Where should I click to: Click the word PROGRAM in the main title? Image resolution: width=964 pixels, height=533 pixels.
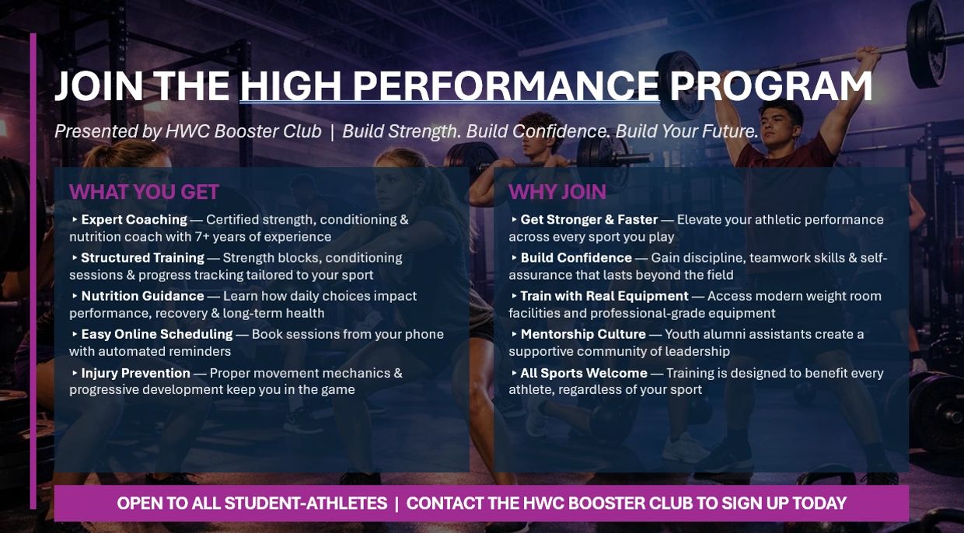pyautogui.click(x=770, y=86)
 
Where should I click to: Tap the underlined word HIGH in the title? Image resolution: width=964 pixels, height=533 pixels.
pyautogui.click(x=290, y=86)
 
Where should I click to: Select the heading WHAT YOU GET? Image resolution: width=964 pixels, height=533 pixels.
pyautogui.click(x=144, y=192)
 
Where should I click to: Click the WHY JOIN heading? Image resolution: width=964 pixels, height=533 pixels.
pyautogui.click(x=557, y=192)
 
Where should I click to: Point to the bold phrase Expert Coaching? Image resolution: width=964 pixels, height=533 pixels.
pyautogui.click(x=134, y=220)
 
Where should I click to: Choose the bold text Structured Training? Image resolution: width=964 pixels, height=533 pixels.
pyautogui.click(x=142, y=258)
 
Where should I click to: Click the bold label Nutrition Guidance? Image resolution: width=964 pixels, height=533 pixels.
pyautogui.click(x=142, y=296)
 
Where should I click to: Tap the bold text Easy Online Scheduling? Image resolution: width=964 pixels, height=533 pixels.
pyautogui.click(x=157, y=334)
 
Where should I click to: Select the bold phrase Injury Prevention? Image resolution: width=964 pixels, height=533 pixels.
pyautogui.click(x=135, y=373)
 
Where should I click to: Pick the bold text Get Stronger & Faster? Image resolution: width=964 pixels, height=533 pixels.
pyautogui.click(x=589, y=220)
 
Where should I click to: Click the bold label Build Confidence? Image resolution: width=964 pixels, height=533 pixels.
pyautogui.click(x=576, y=258)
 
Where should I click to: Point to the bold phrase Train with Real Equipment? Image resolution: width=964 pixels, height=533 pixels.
pyautogui.click(x=604, y=296)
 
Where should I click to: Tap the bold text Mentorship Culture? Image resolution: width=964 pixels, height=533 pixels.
pyautogui.click(x=583, y=334)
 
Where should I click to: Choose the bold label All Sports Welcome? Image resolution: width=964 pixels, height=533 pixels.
pyautogui.click(x=584, y=373)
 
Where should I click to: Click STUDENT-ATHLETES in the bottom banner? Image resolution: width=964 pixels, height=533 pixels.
pyautogui.click(x=306, y=503)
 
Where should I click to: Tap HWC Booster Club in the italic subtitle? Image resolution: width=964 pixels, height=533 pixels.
pyautogui.click(x=243, y=131)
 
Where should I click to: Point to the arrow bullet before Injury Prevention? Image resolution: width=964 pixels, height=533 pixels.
pyautogui.click(x=75, y=373)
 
